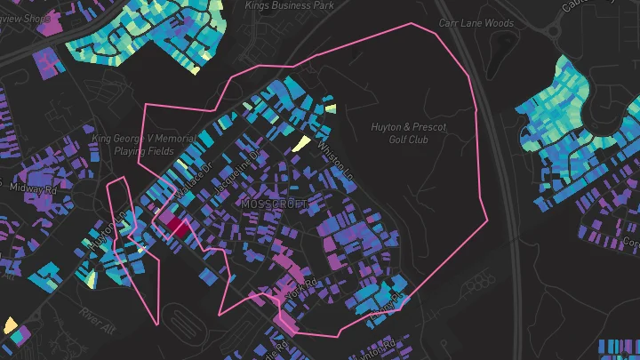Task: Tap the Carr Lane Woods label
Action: point(476,23)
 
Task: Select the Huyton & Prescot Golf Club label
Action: point(408,133)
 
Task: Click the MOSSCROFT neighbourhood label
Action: point(274,204)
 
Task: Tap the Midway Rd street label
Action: point(33,188)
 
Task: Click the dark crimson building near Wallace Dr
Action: point(178,227)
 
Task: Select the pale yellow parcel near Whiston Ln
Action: point(301,144)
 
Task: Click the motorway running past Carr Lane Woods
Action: point(481,133)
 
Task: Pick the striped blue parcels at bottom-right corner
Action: point(619,346)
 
